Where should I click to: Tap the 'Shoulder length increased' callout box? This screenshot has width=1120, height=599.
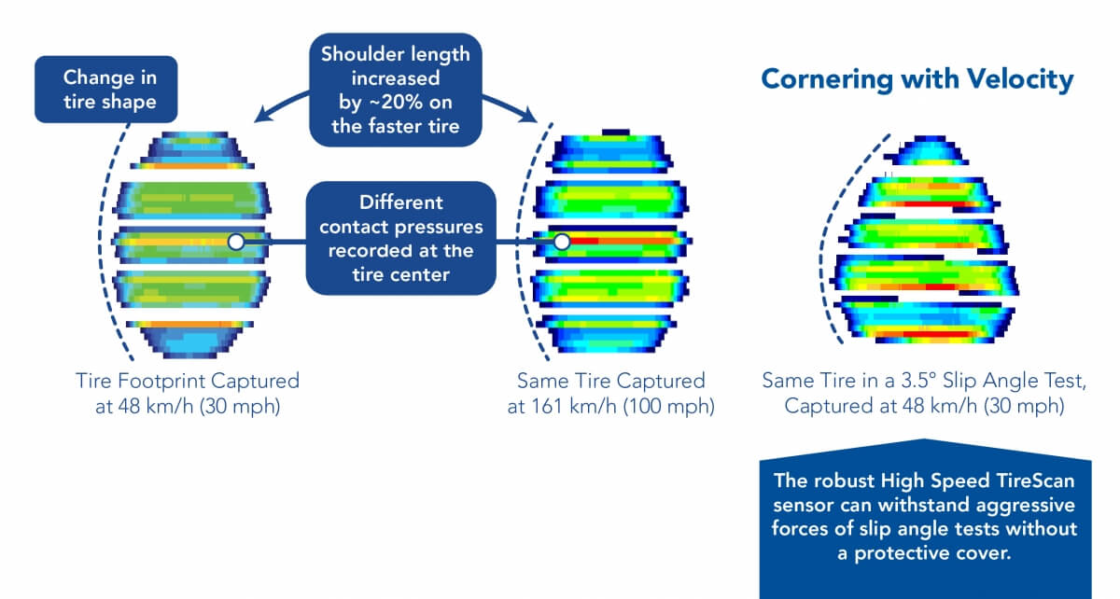click(x=396, y=90)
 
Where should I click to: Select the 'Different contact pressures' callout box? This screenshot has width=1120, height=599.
click(x=400, y=238)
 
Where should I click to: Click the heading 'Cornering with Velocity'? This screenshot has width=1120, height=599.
click(x=917, y=79)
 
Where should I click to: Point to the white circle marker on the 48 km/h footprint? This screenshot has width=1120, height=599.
click(x=236, y=242)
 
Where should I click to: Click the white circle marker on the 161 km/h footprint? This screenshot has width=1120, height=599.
click(x=562, y=242)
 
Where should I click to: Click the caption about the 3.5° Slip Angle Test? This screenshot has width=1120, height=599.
click(x=925, y=393)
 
